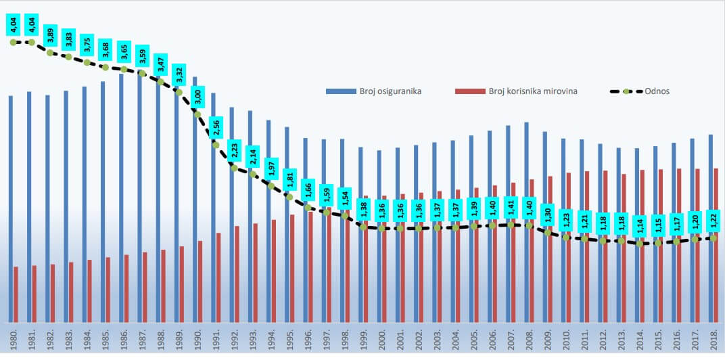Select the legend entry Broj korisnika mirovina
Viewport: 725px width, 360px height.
533,91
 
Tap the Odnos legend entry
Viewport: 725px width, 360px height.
657,91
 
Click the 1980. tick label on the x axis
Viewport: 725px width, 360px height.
14,341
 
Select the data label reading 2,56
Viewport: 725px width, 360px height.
216,127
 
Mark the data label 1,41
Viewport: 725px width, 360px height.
511,206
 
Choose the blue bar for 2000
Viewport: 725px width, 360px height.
379,236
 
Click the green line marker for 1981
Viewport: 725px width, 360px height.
32,43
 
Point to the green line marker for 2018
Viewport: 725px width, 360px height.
714,238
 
